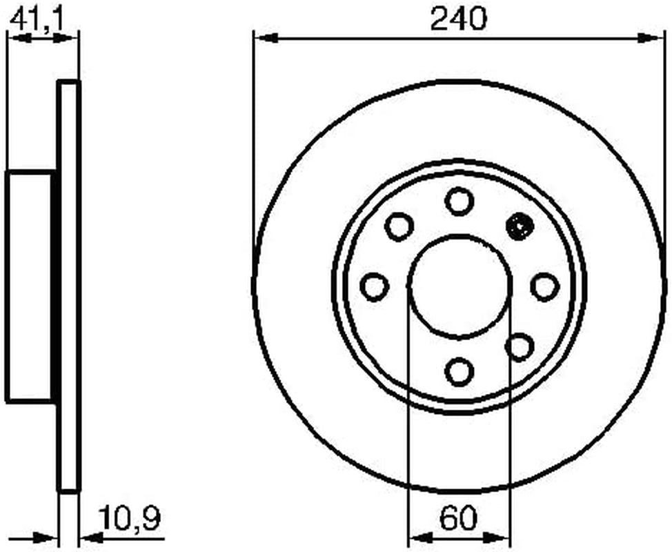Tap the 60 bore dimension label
(458, 517)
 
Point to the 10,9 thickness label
(130, 517)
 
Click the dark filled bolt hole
(519, 226)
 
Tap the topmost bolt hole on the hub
(459, 201)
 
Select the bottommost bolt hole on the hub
(459, 371)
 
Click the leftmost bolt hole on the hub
(374, 286)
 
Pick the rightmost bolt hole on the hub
(545, 286)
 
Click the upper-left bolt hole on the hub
(399, 226)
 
